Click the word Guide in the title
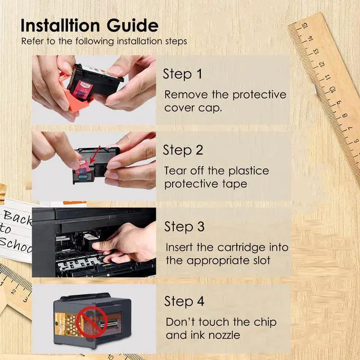tap(133, 25)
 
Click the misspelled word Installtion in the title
tap(60, 25)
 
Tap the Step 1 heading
tap(182, 74)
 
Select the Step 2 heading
tap(183, 150)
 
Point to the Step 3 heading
tap(184, 226)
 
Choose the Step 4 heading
tap(184, 301)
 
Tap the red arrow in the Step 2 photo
tap(95, 155)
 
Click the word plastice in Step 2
tap(249, 171)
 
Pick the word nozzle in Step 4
tap(224, 335)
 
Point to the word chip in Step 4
tap(265, 322)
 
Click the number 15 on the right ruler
tap(304, 26)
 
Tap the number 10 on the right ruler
tap(332, 89)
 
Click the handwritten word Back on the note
tap(17, 218)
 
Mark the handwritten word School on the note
tap(16, 245)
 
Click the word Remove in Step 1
tap(186, 94)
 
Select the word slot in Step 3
tap(262, 260)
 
